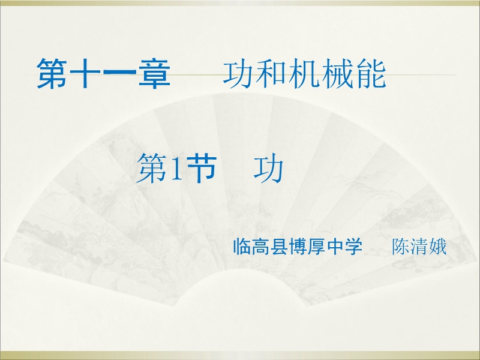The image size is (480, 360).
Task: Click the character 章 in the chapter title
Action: [154, 73]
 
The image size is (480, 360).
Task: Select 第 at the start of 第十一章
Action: [52, 73]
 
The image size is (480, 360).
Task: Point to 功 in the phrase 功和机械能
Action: [238, 74]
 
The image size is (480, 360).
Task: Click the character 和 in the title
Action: [271, 74]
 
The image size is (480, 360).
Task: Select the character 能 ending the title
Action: [370, 74]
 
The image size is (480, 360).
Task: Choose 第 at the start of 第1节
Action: [152, 169]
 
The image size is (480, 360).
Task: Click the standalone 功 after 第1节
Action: [268, 169]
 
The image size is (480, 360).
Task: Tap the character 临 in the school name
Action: [242, 247]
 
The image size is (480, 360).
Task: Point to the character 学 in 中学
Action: [354, 247]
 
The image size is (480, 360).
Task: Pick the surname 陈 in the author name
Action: [400, 247]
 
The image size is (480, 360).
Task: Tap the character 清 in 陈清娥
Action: [419, 247]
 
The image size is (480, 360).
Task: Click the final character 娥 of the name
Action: [437, 247]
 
